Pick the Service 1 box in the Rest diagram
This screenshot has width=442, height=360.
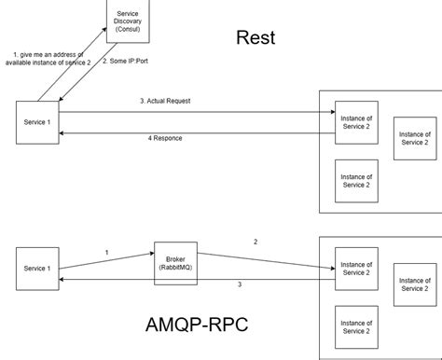(x=36, y=123)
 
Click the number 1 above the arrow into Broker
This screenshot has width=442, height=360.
(x=106, y=252)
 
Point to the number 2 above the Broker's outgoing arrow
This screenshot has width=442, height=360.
(x=255, y=241)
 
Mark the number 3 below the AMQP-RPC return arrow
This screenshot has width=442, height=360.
(x=239, y=284)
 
